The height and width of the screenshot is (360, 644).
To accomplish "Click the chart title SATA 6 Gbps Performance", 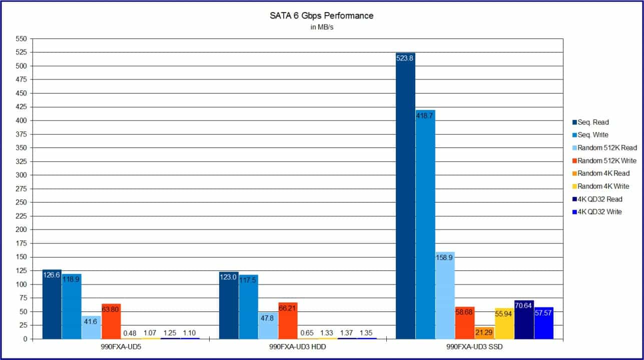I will pyautogui.click(x=321, y=16).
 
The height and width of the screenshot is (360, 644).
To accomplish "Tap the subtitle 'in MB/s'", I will pyautogui.click(x=322, y=27).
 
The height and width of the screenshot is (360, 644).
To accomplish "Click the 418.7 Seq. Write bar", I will pyautogui.click(x=425, y=224).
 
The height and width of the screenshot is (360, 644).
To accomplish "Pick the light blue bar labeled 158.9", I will pyautogui.click(x=445, y=295).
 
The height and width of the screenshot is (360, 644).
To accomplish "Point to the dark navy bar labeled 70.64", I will pyautogui.click(x=523, y=319).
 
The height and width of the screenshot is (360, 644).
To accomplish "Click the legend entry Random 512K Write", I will pyautogui.click(x=606, y=160).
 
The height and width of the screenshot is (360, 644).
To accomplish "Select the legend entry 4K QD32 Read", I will pyautogui.click(x=600, y=199).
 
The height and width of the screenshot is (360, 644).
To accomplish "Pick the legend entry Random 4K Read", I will pyautogui.click(x=603, y=173).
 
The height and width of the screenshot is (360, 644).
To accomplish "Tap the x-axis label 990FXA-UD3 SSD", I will pyautogui.click(x=474, y=347).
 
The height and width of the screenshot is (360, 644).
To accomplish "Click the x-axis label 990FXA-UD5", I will pyautogui.click(x=121, y=347).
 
